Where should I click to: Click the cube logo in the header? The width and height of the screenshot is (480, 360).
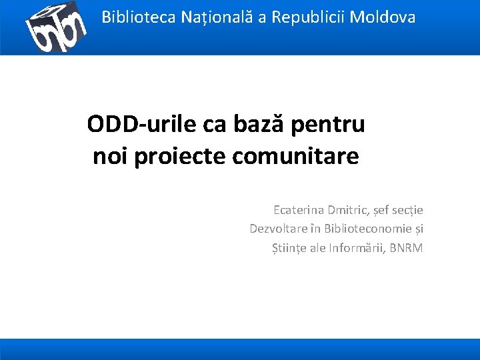tap(56, 27)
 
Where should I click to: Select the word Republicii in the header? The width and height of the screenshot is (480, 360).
tap(301, 17)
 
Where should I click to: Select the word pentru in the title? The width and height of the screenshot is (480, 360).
tap(328, 125)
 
